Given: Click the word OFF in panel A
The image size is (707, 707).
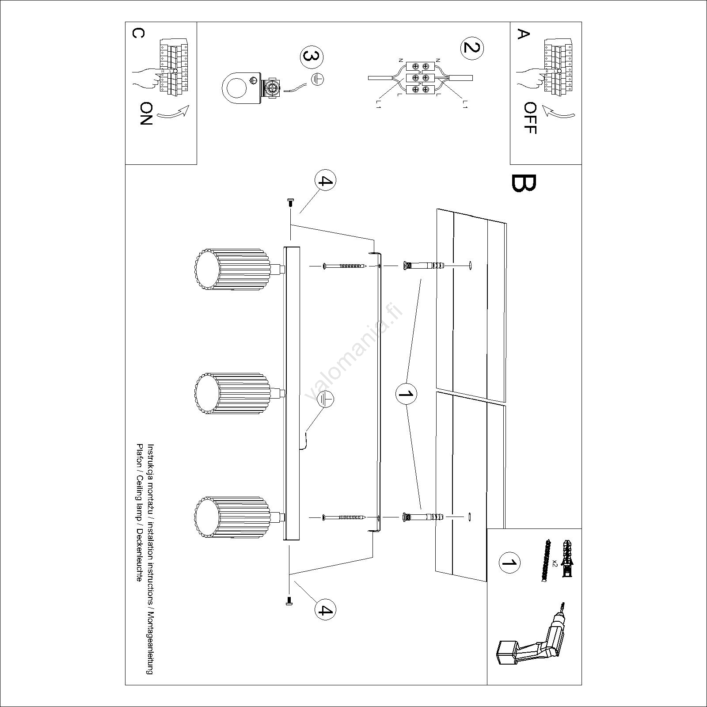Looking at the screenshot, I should (x=530, y=118).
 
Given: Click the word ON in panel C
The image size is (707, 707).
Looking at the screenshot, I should (x=146, y=114).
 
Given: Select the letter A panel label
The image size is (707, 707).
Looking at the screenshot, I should (x=523, y=34).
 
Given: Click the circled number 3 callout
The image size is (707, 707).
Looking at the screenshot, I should (x=312, y=57).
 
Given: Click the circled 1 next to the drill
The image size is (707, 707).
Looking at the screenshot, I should (x=509, y=563).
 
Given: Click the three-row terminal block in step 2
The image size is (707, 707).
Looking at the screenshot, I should (x=420, y=78).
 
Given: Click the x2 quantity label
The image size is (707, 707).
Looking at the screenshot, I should (x=555, y=563).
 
